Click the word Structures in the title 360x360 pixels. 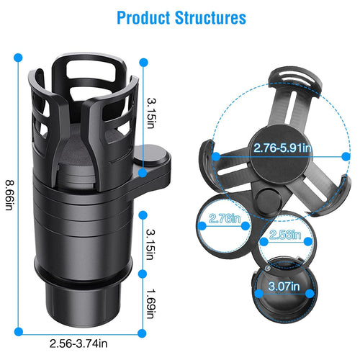coord(210,17)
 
